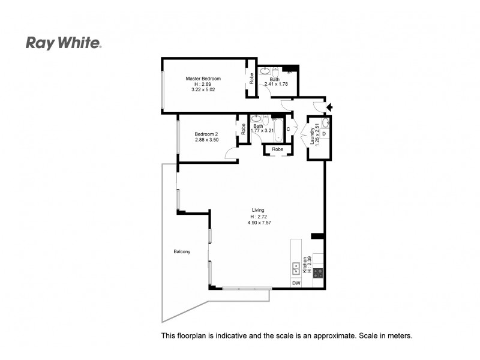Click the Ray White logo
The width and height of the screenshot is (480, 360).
[64, 43]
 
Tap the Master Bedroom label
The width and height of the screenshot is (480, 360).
[203, 79]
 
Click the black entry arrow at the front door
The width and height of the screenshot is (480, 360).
[328, 107]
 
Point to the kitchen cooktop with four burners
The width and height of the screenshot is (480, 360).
[317, 271]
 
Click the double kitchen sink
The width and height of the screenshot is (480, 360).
[296, 268]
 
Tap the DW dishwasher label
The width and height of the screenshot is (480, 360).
[296, 283]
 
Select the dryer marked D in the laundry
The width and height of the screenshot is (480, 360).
[324, 134]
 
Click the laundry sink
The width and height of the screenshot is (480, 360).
[325, 123]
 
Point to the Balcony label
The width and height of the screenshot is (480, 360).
[182, 251]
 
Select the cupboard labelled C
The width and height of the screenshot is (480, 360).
[288, 129]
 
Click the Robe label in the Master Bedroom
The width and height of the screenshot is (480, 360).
[251, 77]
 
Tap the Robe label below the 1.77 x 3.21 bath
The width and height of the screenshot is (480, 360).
[277, 149]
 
